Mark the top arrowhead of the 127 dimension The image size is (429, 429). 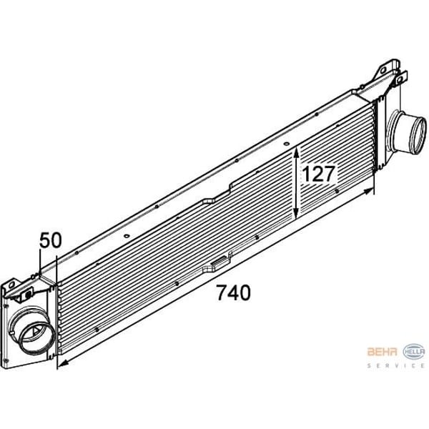pyautogui.click(x=297, y=152)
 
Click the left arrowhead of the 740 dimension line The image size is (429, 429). pyautogui.click(x=61, y=365)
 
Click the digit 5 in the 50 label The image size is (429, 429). pyautogui.click(x=45, y=241)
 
